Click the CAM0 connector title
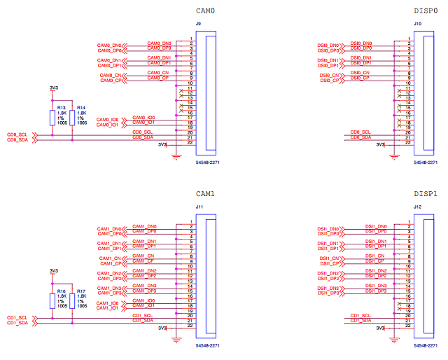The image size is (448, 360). [204, 11]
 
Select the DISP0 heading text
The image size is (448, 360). [425, 11]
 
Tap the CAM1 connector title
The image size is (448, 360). [204, 194]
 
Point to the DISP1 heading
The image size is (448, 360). [425, 194]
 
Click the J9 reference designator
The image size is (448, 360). [198, 25]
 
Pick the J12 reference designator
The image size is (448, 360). [417, 207]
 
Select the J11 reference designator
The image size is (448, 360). [199, 207]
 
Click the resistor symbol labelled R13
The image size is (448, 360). [52, 117]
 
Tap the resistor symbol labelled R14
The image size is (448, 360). [72, 117]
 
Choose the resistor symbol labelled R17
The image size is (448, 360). [72, 300]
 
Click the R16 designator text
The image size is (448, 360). [62, 291]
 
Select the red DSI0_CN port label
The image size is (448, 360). [329, 75]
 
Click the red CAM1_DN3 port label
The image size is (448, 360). [108, 287]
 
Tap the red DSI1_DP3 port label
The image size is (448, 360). [328, 292]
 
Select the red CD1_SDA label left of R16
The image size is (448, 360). [17, 324]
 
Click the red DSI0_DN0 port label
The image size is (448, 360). [328, 46]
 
